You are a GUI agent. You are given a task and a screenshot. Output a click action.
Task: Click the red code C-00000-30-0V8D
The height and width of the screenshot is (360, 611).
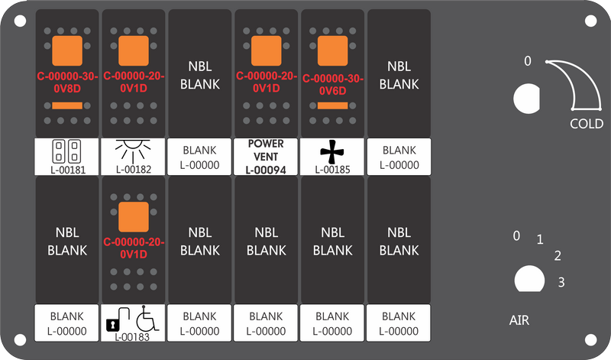(x=67, y=83)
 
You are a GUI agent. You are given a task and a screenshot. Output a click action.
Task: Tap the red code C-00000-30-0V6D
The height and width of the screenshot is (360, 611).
(x=333, y=85)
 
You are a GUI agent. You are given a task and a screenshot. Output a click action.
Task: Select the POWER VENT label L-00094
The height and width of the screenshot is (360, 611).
(x=266, y=157)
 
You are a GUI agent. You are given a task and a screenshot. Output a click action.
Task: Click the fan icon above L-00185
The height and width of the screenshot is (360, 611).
(x=331, y=152)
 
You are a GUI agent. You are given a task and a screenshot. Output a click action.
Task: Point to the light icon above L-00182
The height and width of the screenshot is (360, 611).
(x=133, y=151)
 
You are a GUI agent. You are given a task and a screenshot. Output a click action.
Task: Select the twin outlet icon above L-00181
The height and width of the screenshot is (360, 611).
(x=66, y=151)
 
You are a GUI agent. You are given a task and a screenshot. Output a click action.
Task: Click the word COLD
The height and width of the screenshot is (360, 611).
(x=587, y=124)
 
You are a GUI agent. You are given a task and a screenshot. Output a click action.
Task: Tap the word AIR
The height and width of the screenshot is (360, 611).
(x=519, y=320)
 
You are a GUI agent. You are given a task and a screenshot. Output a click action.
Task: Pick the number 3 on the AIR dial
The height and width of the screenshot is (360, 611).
(x=561, y=282)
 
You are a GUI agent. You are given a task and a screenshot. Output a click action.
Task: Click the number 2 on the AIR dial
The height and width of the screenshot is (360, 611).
(x=558, y=256)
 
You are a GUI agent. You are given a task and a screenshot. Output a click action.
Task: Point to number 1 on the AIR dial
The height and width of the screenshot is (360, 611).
(x=540, y=239)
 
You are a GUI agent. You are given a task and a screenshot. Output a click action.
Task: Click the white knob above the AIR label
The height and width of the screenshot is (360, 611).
(x=529, y=279)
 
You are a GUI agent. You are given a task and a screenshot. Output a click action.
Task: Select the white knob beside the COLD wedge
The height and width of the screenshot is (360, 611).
(x=527, y=99)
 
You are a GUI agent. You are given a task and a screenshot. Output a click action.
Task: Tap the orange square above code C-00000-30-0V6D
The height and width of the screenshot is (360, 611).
(x=332, y=50)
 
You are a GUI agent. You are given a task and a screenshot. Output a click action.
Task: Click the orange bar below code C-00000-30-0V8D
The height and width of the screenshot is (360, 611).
(x=67, y=105)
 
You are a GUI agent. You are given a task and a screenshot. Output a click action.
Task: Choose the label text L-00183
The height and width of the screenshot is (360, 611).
(x=132, y=337)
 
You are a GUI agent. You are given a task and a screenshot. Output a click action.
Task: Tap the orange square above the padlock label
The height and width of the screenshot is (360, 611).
(x=133, y=217)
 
